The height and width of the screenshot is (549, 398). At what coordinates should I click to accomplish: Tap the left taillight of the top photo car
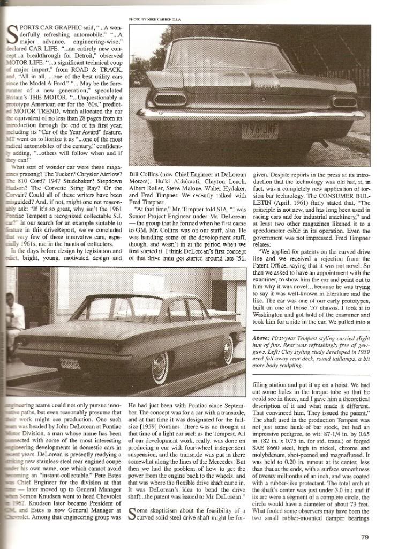[x=171, y=98]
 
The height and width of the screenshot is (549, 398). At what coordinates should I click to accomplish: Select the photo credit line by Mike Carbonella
[x=160, y=19]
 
